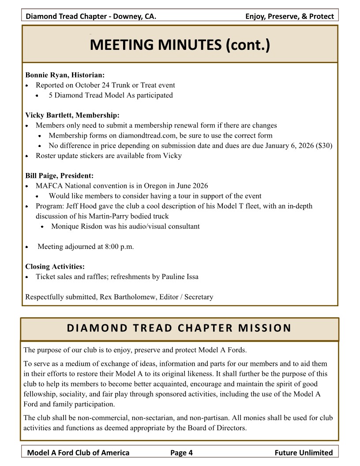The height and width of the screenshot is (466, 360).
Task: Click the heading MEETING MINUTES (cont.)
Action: point(180,45)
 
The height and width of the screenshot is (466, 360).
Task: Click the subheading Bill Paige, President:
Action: point(60,176)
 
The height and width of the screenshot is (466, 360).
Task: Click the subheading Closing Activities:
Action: point(55,267)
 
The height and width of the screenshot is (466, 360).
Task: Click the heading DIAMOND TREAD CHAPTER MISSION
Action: point(180,328)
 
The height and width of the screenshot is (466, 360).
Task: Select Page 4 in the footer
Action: point(181,452)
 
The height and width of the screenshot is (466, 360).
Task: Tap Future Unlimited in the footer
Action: point(304,452)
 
